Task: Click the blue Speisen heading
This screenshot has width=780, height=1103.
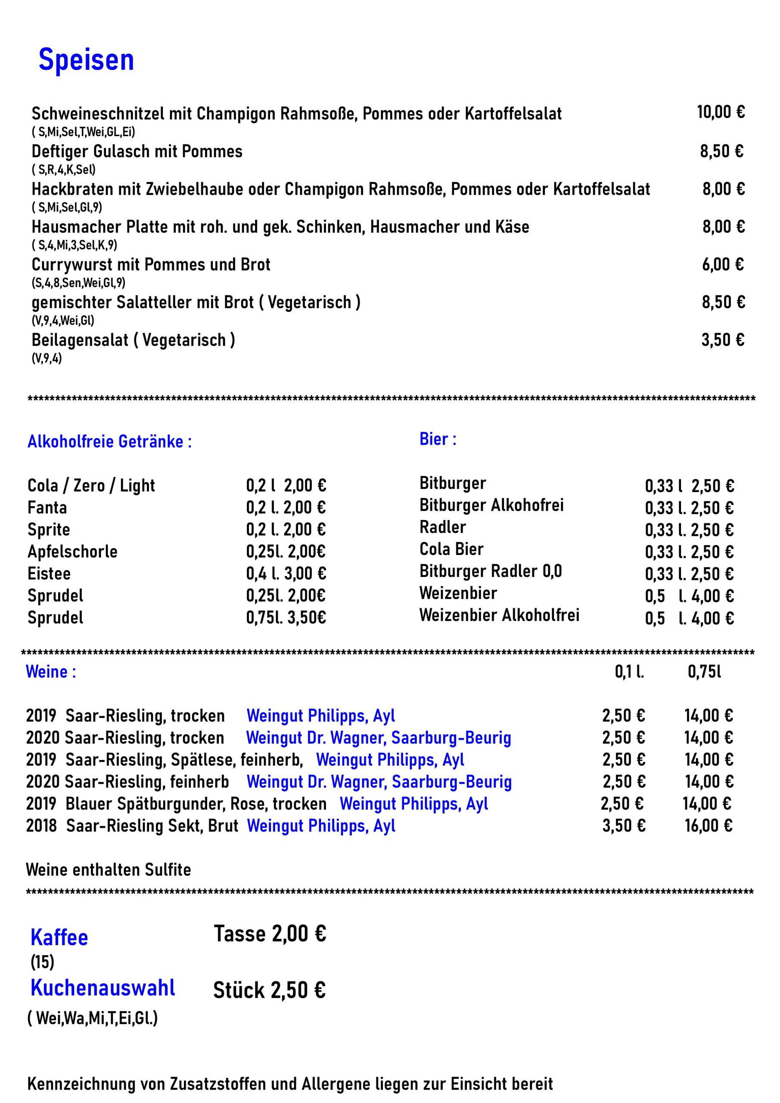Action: pos(86,60)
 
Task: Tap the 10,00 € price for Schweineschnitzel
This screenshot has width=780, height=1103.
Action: pos(721,112)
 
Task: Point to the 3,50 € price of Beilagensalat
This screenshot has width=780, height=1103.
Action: pos(722,340)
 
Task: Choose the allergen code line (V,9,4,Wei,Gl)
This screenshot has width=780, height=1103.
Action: pos(62,321)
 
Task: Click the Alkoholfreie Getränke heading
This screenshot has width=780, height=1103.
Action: pos(109,442)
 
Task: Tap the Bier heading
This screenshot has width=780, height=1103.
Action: pos(438,439)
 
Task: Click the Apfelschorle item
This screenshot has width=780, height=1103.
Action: pos(72,551)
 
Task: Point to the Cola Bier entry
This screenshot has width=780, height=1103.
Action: pos(451,549)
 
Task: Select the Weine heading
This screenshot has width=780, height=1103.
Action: pos(50,672)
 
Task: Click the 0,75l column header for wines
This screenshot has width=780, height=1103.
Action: pos(704,672)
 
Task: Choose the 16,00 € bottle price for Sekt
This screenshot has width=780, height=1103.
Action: pos(709,826)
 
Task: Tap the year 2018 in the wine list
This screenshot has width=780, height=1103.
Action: pos(41,826)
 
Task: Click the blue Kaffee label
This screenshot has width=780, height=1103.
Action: pos(59,937)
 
